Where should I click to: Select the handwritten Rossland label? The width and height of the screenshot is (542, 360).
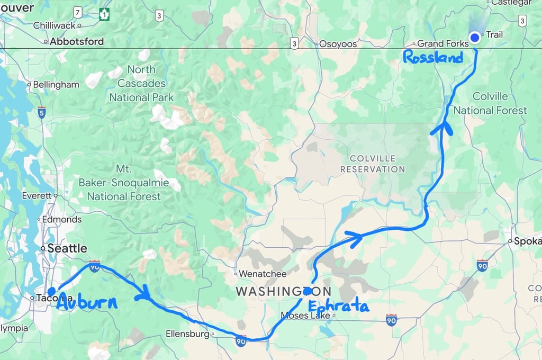pyautogui.click(x=433, y=57)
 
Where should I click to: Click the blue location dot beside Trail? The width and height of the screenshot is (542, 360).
pyautogui.click(x=475, y=37)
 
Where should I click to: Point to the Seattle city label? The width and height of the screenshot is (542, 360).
pyautogui.click(x=67, y=248)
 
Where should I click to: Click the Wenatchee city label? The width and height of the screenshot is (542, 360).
pyautogui.click(x=263, y=274)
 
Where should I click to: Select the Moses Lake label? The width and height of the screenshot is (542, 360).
pyautogui.click(x=305, y=316)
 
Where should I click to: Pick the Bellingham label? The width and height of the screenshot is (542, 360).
pyautogui.click(x=56, y=85)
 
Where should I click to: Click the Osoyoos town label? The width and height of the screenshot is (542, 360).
pyautogui.click(x=338, y=44)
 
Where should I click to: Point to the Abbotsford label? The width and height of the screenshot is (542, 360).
pyautogui.click(x=76, y=41)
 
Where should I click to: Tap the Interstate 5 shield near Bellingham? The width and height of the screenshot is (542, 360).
pyautogui.click(x=42, y=112)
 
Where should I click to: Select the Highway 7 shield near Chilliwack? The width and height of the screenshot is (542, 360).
pyautogui.click(x=78, y=12)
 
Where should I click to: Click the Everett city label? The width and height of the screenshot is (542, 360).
pyautogui.click(x=37, y=196)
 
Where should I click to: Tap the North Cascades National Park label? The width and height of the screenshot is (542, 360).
pyautogui.click(x=141, y=84)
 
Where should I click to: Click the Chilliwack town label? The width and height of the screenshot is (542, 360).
pyautogui.click(x=55, y=25)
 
